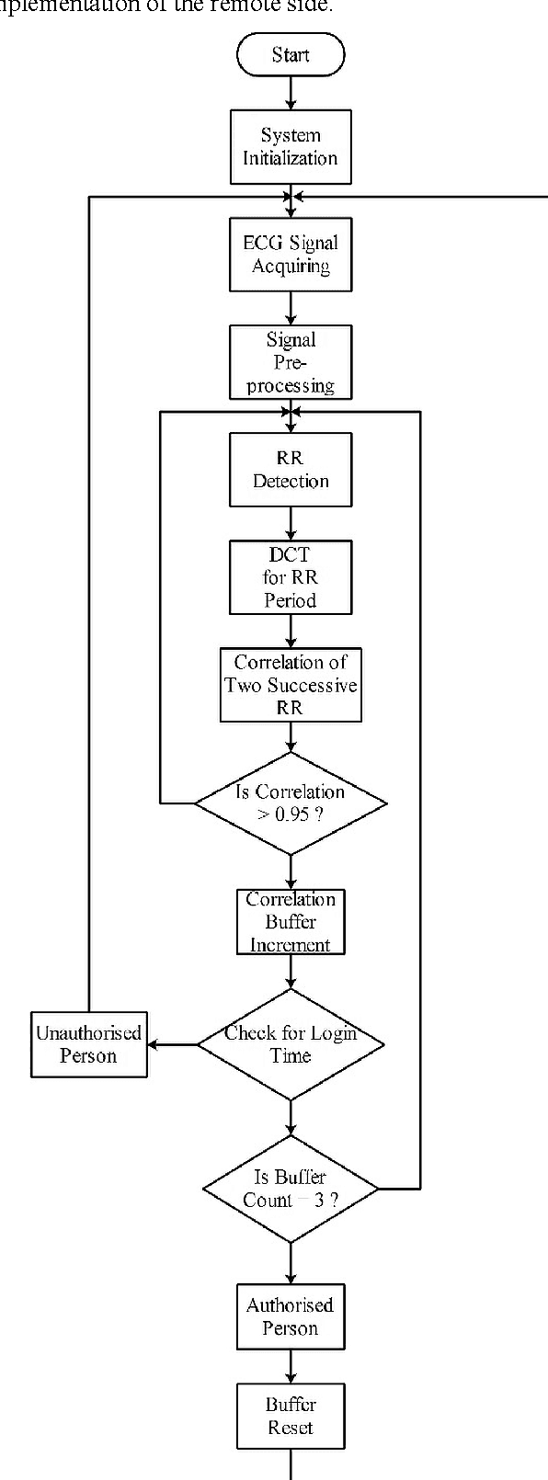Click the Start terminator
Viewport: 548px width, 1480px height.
291,55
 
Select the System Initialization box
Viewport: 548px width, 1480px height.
291,146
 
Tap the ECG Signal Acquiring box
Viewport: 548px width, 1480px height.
291,255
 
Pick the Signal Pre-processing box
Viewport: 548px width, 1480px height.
291,362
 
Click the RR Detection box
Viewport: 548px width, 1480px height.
291,470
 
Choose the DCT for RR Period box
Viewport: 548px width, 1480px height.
291,577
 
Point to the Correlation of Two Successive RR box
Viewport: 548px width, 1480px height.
291,685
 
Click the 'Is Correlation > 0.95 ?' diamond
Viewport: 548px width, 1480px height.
291,803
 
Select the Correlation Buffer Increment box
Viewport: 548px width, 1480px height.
291,922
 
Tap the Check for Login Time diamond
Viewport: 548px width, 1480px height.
291,1044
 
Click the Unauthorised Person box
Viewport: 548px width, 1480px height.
89,1044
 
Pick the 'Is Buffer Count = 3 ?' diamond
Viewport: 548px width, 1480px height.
291,1189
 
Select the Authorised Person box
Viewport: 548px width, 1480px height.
291,1316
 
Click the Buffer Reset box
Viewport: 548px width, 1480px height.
291,1416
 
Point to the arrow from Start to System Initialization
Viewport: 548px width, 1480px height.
291,93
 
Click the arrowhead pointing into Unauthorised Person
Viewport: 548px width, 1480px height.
154,1044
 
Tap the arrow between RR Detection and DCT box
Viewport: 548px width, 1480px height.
291,523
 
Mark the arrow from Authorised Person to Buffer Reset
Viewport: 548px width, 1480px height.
291,1366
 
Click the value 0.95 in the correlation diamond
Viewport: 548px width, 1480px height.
293,815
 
